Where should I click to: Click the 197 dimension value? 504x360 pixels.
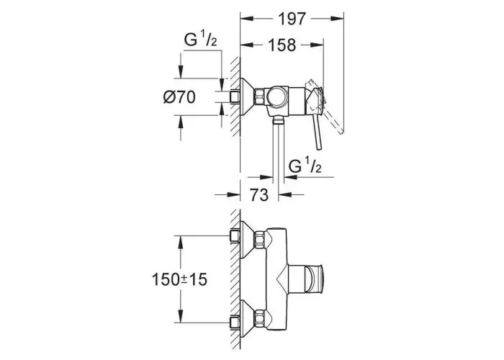(292, 19)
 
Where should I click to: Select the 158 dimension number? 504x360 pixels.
(282, 45)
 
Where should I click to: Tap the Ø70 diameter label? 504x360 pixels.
(179, 97)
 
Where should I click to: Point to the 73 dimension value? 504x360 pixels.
(258, 194)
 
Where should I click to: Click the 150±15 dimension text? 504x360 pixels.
(180, 279)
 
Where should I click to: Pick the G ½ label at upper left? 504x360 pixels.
(201, 40)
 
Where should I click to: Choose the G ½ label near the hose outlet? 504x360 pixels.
(305, 166)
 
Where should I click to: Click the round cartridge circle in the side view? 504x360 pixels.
(276, 96)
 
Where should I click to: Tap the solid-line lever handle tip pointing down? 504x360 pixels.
(318, 148)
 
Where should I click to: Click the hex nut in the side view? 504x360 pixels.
(260, 96)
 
